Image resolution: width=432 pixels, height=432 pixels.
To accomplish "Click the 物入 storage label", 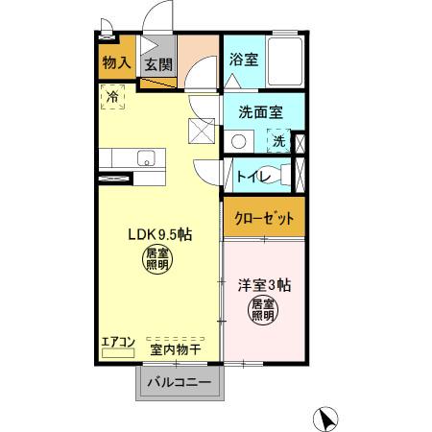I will coord(116,63).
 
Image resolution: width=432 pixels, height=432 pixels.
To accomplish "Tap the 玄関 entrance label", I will coord(157,65).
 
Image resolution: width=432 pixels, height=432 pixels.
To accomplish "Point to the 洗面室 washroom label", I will coord(260,110).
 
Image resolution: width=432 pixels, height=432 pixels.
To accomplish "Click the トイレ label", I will coord(252,177).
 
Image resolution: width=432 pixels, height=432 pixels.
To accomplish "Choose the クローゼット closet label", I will coord(264,218).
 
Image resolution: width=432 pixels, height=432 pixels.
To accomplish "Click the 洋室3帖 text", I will coord(264,284).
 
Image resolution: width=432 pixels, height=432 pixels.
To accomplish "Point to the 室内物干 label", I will coord(174,349).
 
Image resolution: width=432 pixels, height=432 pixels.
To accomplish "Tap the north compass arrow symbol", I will coord(327,419).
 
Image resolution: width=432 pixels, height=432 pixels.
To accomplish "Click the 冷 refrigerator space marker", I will coord(112,97).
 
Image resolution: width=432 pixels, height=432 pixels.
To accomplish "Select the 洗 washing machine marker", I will coord(278,141).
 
